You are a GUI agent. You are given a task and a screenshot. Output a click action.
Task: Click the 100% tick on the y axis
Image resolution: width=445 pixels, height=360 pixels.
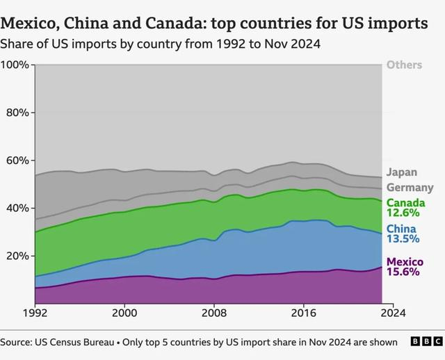[15, 65]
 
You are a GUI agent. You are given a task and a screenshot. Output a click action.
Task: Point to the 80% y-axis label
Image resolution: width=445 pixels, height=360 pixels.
[17, 113]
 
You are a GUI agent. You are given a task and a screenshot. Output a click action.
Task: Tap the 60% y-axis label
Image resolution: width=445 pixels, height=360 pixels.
[17, 161]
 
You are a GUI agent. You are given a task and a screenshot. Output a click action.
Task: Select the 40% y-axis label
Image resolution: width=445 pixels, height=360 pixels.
[17, 208]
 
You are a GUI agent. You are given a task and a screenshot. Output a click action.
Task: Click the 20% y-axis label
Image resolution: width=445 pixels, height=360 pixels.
[17, 256]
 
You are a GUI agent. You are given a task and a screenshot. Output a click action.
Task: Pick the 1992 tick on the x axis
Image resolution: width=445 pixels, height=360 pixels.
[35, 312]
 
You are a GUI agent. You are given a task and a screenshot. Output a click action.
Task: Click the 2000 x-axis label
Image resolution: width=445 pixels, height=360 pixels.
[124, 312]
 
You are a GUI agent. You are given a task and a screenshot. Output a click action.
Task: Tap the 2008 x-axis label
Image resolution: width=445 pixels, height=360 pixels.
[214, 312]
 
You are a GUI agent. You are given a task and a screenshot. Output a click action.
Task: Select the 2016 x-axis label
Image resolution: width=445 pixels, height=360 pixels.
[304, 312]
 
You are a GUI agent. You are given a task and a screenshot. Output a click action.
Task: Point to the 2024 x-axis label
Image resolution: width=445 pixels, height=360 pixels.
[393, 312]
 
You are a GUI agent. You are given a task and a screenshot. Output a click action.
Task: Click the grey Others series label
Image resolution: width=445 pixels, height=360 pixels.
[404, 65]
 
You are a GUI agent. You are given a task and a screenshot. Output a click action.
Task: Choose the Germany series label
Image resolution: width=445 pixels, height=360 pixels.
[410, 188]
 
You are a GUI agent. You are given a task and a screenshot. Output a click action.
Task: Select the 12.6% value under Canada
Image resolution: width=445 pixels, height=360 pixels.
[403, 213]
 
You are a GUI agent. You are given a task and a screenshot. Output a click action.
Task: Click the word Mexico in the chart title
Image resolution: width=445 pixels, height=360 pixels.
[29, 24]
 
